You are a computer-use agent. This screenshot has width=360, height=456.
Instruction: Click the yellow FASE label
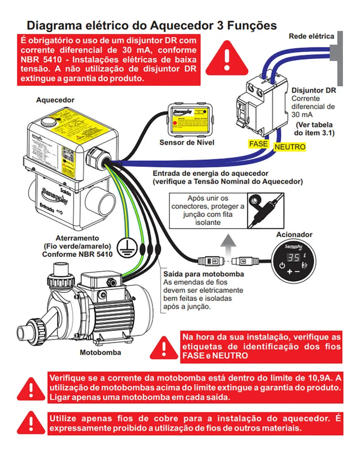(259, 144)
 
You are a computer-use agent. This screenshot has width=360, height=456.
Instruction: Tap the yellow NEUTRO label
(289, 147)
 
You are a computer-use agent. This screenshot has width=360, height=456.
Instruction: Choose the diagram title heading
(151, 25)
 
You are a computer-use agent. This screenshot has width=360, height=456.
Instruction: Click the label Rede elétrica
(311, 36)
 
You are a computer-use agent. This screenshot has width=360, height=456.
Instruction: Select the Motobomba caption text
(98, 352)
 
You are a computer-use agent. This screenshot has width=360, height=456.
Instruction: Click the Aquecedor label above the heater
(55, 99)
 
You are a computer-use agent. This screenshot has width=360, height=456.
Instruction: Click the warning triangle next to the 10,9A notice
(31, 389)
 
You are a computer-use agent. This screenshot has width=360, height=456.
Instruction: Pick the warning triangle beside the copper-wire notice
(31, 424)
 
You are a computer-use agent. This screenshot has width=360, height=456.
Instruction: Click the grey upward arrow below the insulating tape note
(231, 239)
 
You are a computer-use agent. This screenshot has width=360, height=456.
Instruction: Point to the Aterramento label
(77, 238)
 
